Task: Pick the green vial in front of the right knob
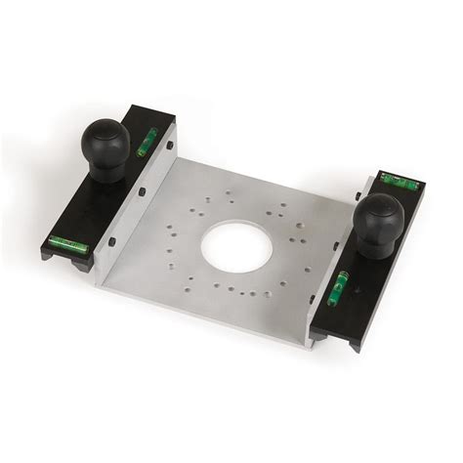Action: pos(343,284)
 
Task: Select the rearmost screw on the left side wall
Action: pos(171,146)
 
